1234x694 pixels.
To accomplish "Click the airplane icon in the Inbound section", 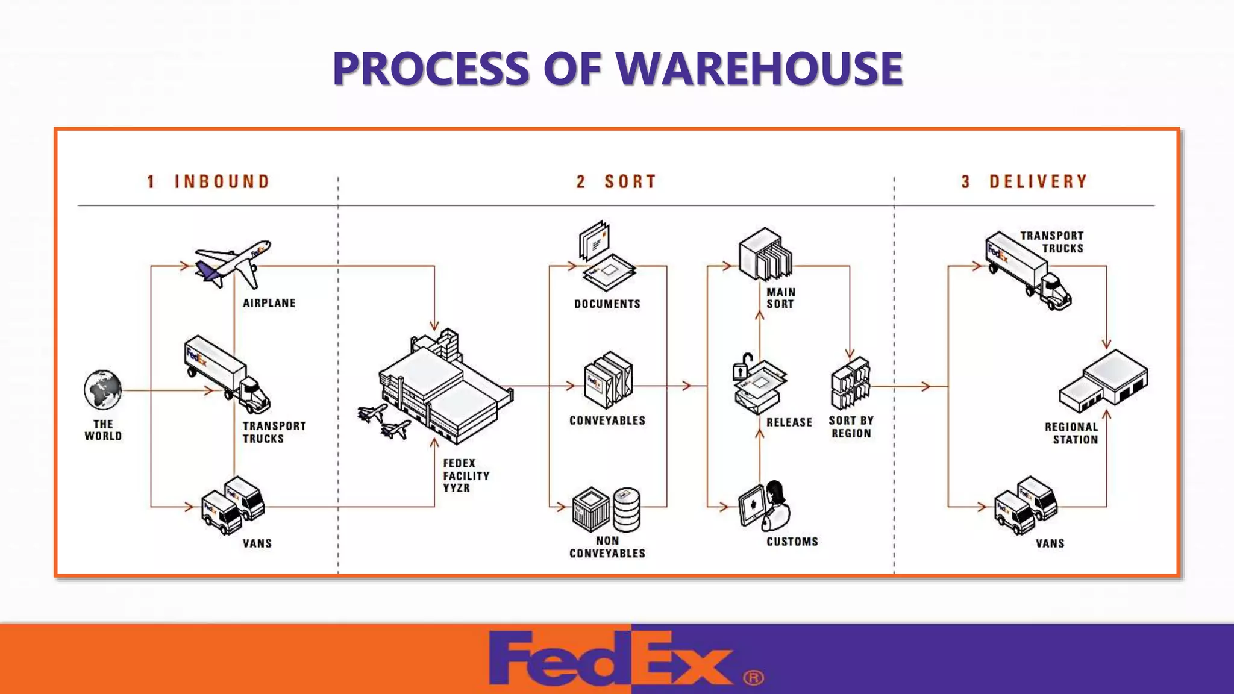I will (233, 264).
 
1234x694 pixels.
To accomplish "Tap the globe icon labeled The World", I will (102, 390).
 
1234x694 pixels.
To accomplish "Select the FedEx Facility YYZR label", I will (465, 475).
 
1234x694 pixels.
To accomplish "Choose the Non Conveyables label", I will (607, 547).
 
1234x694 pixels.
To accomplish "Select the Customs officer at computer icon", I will (764, 506).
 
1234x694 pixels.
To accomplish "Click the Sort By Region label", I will (851, 427).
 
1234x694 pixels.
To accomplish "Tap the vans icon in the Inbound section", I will (233, 505).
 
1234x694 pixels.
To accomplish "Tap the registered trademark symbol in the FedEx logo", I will (753, 678).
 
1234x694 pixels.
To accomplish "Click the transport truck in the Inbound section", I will (227, 374).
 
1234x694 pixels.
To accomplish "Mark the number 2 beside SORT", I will (580, 181).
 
